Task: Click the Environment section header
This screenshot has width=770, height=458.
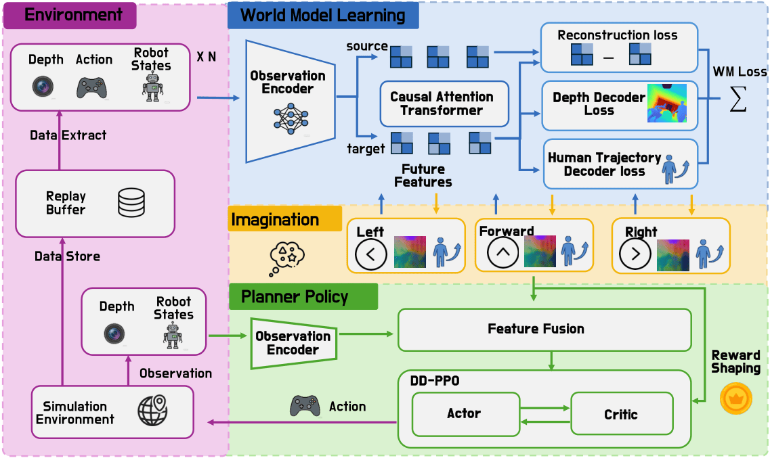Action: [x=70, y=15]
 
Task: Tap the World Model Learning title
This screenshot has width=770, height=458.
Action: [x=323, y=15]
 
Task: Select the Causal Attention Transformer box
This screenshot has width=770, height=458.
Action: [x=444, y=104]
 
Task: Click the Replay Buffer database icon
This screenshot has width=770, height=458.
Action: [x=131, y=202]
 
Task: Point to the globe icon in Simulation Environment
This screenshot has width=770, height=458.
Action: [x=152, y=411]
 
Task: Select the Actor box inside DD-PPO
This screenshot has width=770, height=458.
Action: [x=463, y=413]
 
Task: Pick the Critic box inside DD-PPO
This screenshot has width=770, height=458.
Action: [x=621, y=414]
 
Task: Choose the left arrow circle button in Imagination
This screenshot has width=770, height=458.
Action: [x=371, y=254]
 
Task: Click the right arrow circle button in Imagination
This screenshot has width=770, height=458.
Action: [x=635, y=254]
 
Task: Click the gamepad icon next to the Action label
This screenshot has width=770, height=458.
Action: [x=305, y=406]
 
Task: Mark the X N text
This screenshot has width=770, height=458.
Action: [x=207, y=58]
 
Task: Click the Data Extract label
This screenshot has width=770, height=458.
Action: [x=68, y=135]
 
